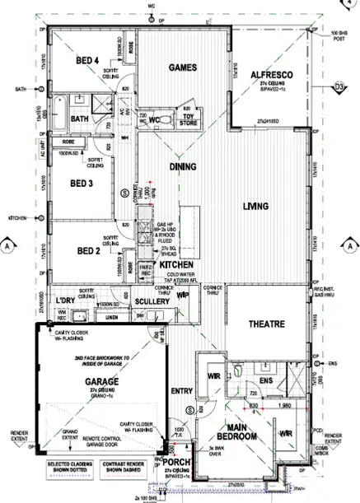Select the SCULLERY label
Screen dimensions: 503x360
tap(152, 302)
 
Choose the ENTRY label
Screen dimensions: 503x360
tap(183, 390)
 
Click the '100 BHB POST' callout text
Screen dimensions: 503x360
tap(340, 35)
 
